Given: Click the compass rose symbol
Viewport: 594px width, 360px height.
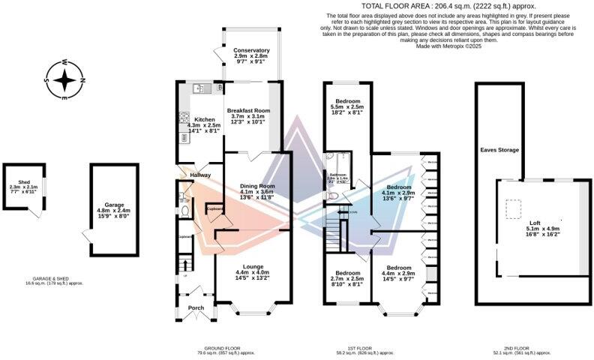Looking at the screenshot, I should click(65, 79).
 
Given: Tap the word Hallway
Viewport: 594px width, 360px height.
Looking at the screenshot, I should click(200, 175).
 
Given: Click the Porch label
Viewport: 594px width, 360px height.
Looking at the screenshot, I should click(196, 307).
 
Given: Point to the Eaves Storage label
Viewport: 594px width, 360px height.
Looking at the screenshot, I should click(499, 150).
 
